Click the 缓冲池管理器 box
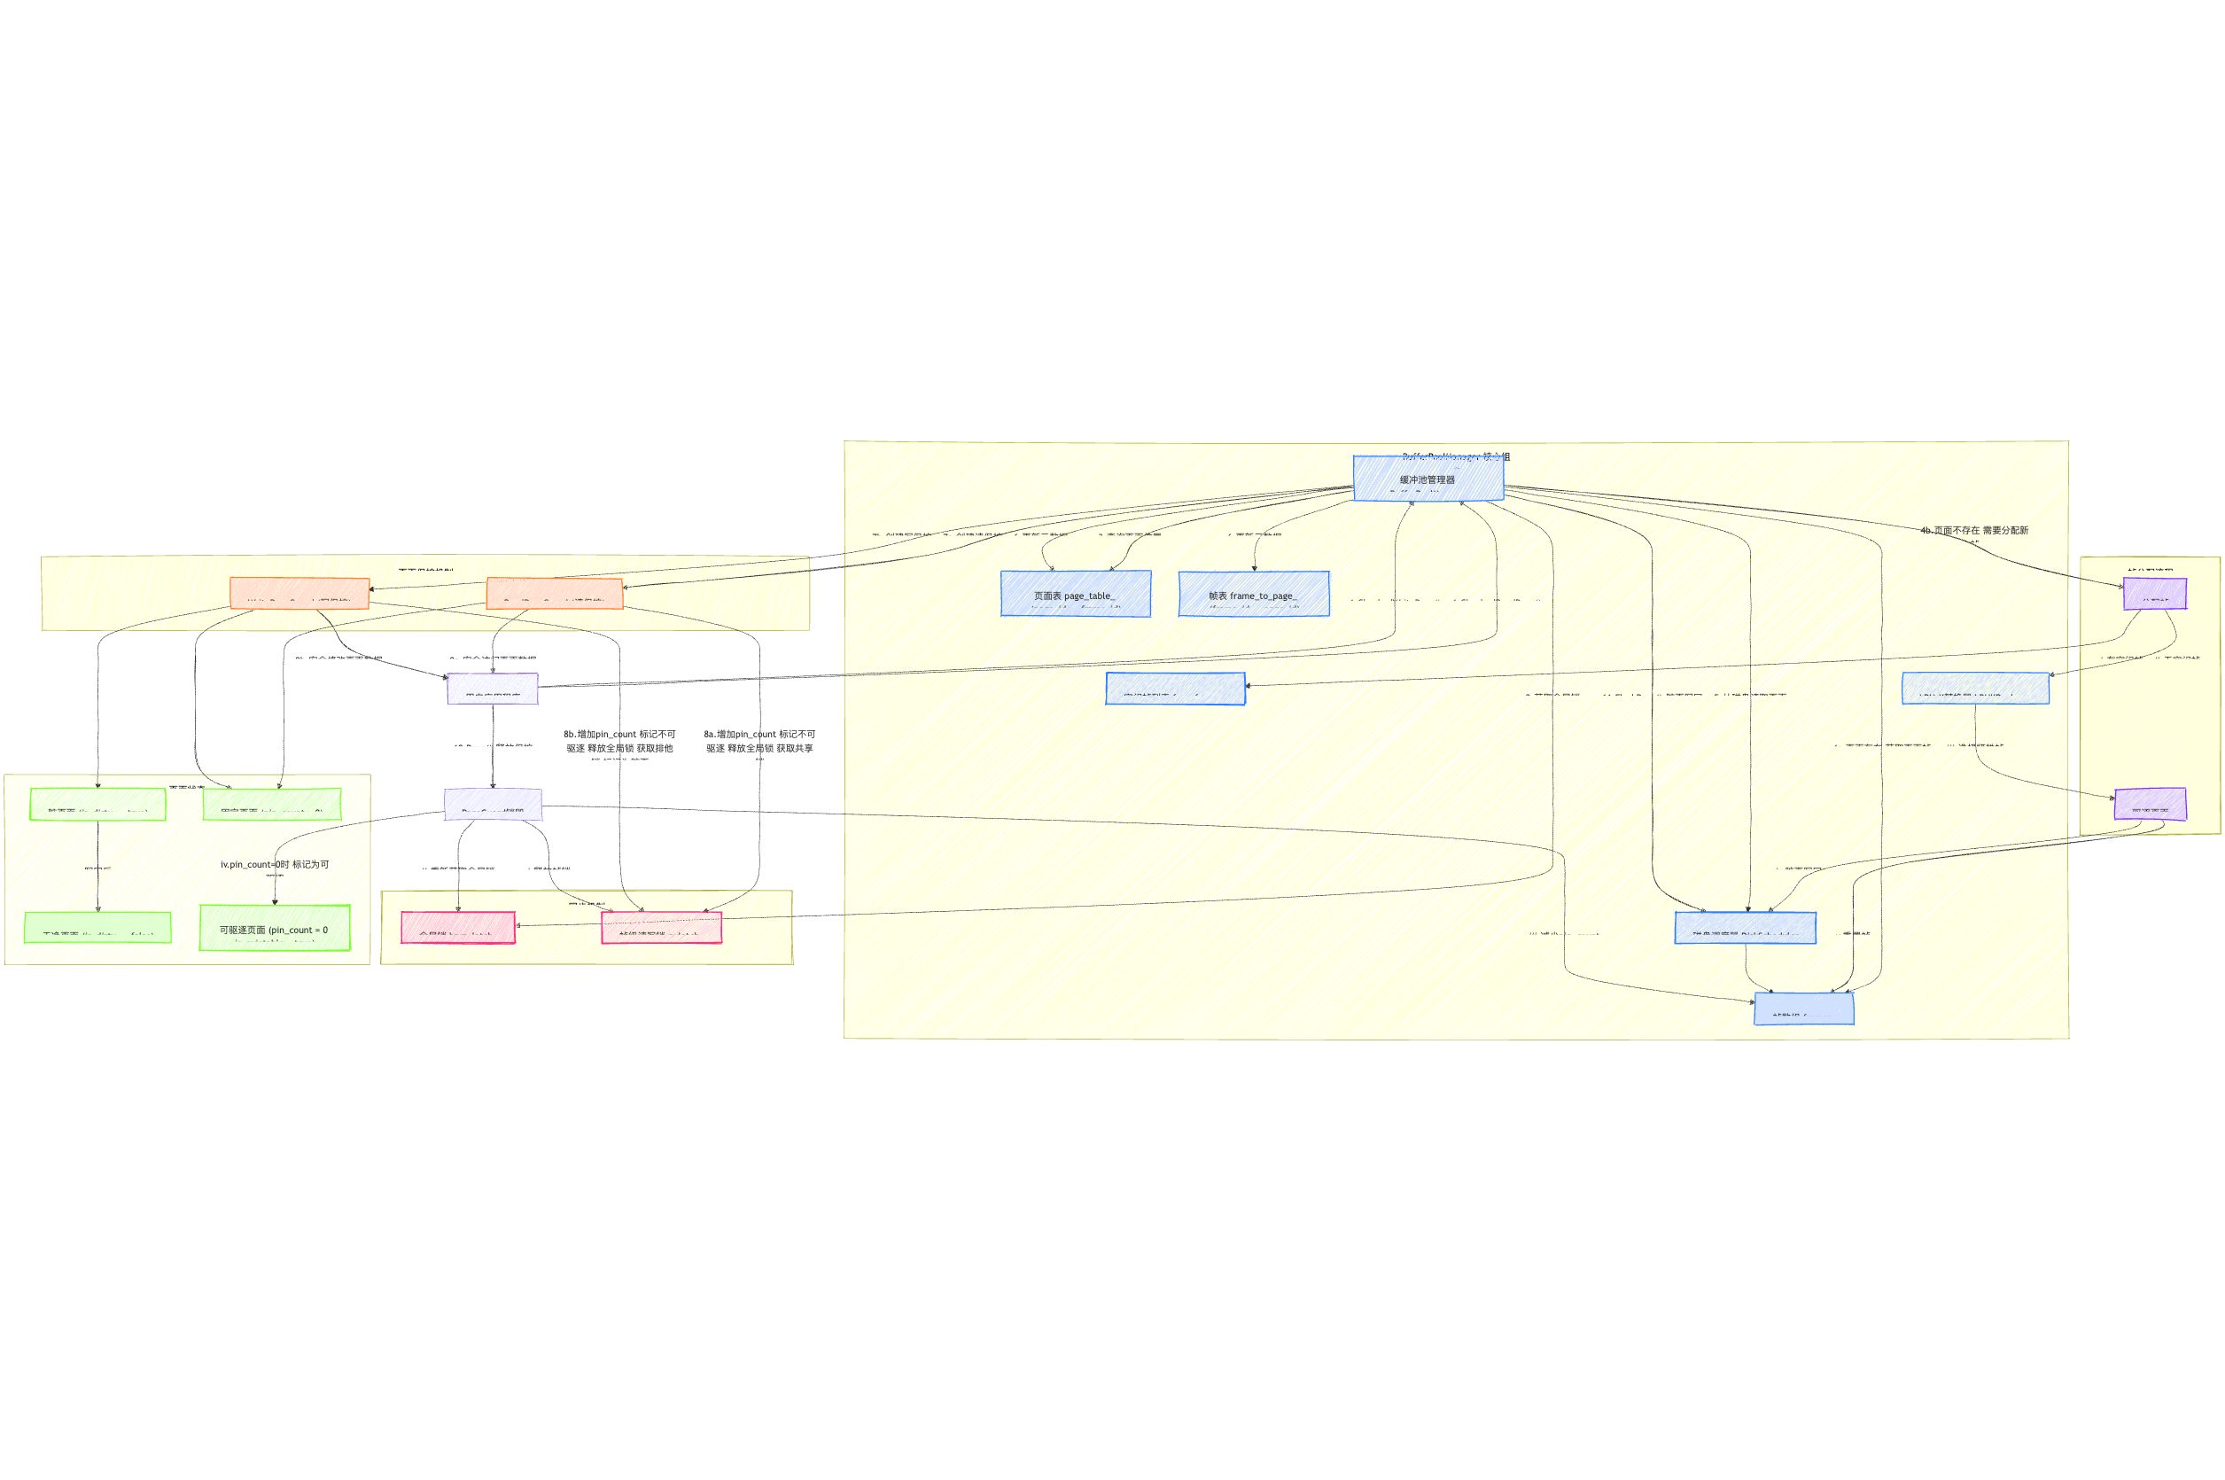coord(1428,479)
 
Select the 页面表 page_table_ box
coord(1075,594)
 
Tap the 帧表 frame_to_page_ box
coord(1253,594)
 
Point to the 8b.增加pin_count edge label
coord(619,741)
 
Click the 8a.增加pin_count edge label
coord(759,741)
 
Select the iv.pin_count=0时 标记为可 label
coord(275,865)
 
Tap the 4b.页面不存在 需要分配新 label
coord(1974,531)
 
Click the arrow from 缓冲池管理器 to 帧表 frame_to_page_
coord(1269,528)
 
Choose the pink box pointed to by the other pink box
coord(457,928)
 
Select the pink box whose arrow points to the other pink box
coord(661,928)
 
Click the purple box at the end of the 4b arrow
coord(2154,594)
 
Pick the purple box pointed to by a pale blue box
coord(2150,804)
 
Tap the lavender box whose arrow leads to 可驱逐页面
coord(493,804)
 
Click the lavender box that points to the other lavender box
coord(493,688)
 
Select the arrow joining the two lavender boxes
coord(493,745)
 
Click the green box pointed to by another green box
coord(98,928)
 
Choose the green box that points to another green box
coord(98,804)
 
